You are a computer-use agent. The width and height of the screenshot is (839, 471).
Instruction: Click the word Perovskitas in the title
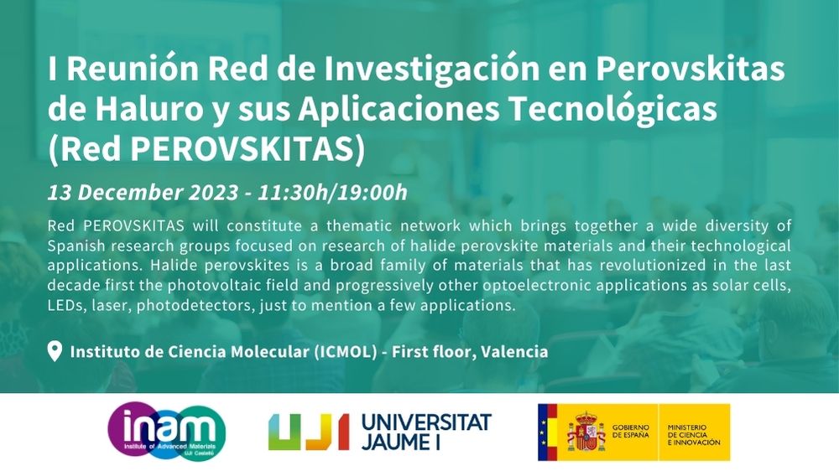pyautogui.click(x=690, y=69)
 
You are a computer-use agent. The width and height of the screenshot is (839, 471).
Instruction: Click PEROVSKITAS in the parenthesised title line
pyautogui.click(x=242, y=148)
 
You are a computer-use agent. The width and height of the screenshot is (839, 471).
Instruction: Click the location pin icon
pyautogui.click(x=55, y=351)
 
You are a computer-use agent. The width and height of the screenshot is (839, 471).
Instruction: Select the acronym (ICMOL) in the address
pyautogui.click(x=346, y=352)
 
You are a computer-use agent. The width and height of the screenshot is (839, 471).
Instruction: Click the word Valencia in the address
pyautogui.click(x=514, y=352)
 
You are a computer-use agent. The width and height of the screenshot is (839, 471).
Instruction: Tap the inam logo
pyautogui.click(x=166, y=431)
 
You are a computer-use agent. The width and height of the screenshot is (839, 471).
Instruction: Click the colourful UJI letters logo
pyautogui.click(x=308, y=431)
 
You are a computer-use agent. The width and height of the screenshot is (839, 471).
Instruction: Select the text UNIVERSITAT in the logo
pyautogui.click(x=426, y=422)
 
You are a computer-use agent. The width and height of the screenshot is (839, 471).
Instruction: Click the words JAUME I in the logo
pyautogui.click(x=401, y=443)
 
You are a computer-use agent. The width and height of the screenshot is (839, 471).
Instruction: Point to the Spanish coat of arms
pyautogui.click(x=586, y=431)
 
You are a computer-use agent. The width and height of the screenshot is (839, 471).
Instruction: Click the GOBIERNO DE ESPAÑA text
pyautogui.click(x=630, y=431)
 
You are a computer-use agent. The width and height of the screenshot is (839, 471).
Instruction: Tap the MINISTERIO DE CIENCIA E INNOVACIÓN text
pyautogui.click(x=694, y=435)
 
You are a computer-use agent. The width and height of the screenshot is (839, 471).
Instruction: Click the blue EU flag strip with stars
pyautogui.click(x=542, y=432)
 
